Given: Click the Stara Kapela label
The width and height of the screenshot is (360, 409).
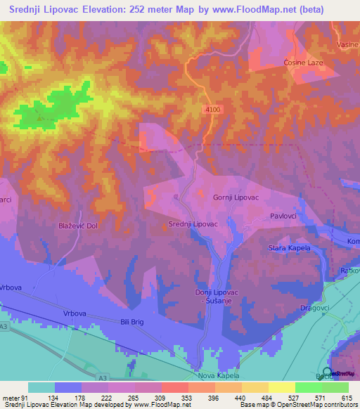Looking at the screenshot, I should coord(290,248).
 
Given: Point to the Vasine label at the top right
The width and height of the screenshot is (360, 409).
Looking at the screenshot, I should coord(347,44).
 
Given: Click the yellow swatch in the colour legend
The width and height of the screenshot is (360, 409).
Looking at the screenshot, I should coord(282,387).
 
